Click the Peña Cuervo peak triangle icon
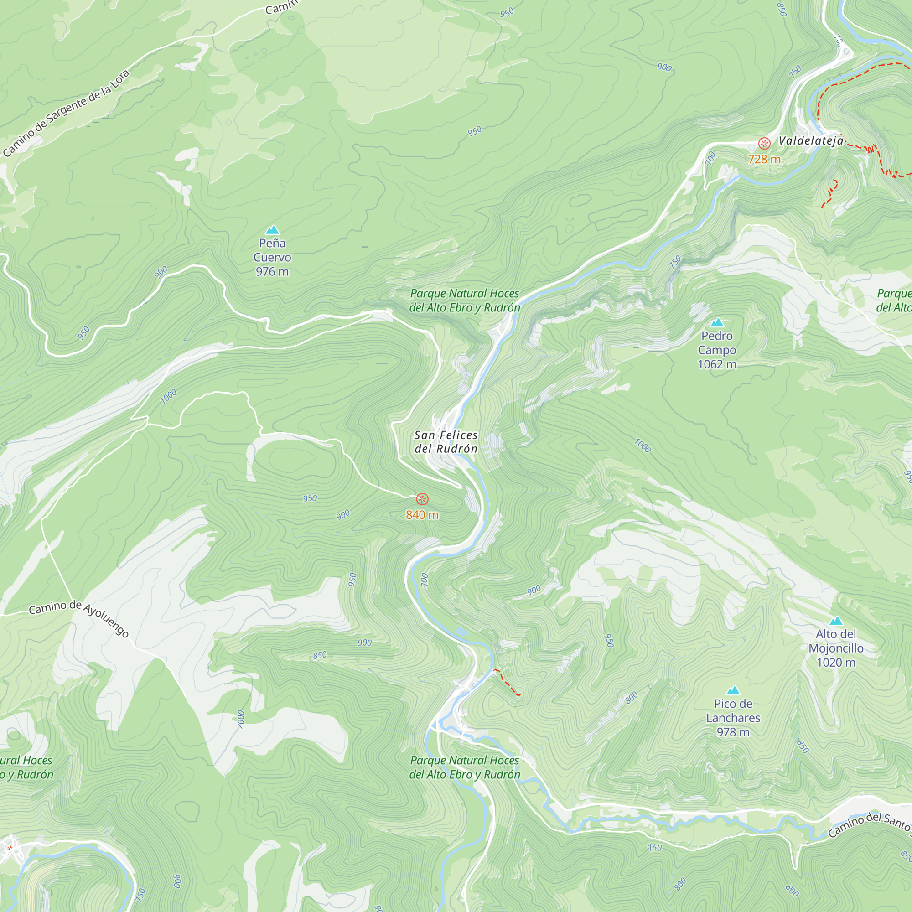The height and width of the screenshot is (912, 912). click(x=272, y=230)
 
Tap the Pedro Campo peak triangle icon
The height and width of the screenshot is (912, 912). click(x=717, y=322)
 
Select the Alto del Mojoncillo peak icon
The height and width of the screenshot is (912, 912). click(x=836, y=621)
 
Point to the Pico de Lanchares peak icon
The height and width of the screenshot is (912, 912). click(x=733, y=690)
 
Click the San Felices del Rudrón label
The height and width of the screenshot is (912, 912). click(x=446, y=442)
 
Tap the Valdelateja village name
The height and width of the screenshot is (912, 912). click(x=810, y=140)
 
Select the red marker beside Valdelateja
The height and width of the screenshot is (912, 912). click(x=764, y=143)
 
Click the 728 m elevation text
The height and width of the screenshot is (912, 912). click(x=764, y=159)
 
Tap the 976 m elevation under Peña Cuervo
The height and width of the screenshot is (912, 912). click(x=272, y=272)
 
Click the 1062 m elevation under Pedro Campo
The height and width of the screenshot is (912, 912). click(x=717, y=364)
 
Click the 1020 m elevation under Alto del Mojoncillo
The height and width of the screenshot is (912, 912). click(x=836, y=663)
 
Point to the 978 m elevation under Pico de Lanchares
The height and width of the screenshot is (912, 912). click(x=733, y=732)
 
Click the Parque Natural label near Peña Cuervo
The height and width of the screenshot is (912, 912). click(x=465, y=301)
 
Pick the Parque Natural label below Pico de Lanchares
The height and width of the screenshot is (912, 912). click(x=465, y=767)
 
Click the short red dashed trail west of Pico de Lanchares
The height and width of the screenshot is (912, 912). click(x=506, y=682)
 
